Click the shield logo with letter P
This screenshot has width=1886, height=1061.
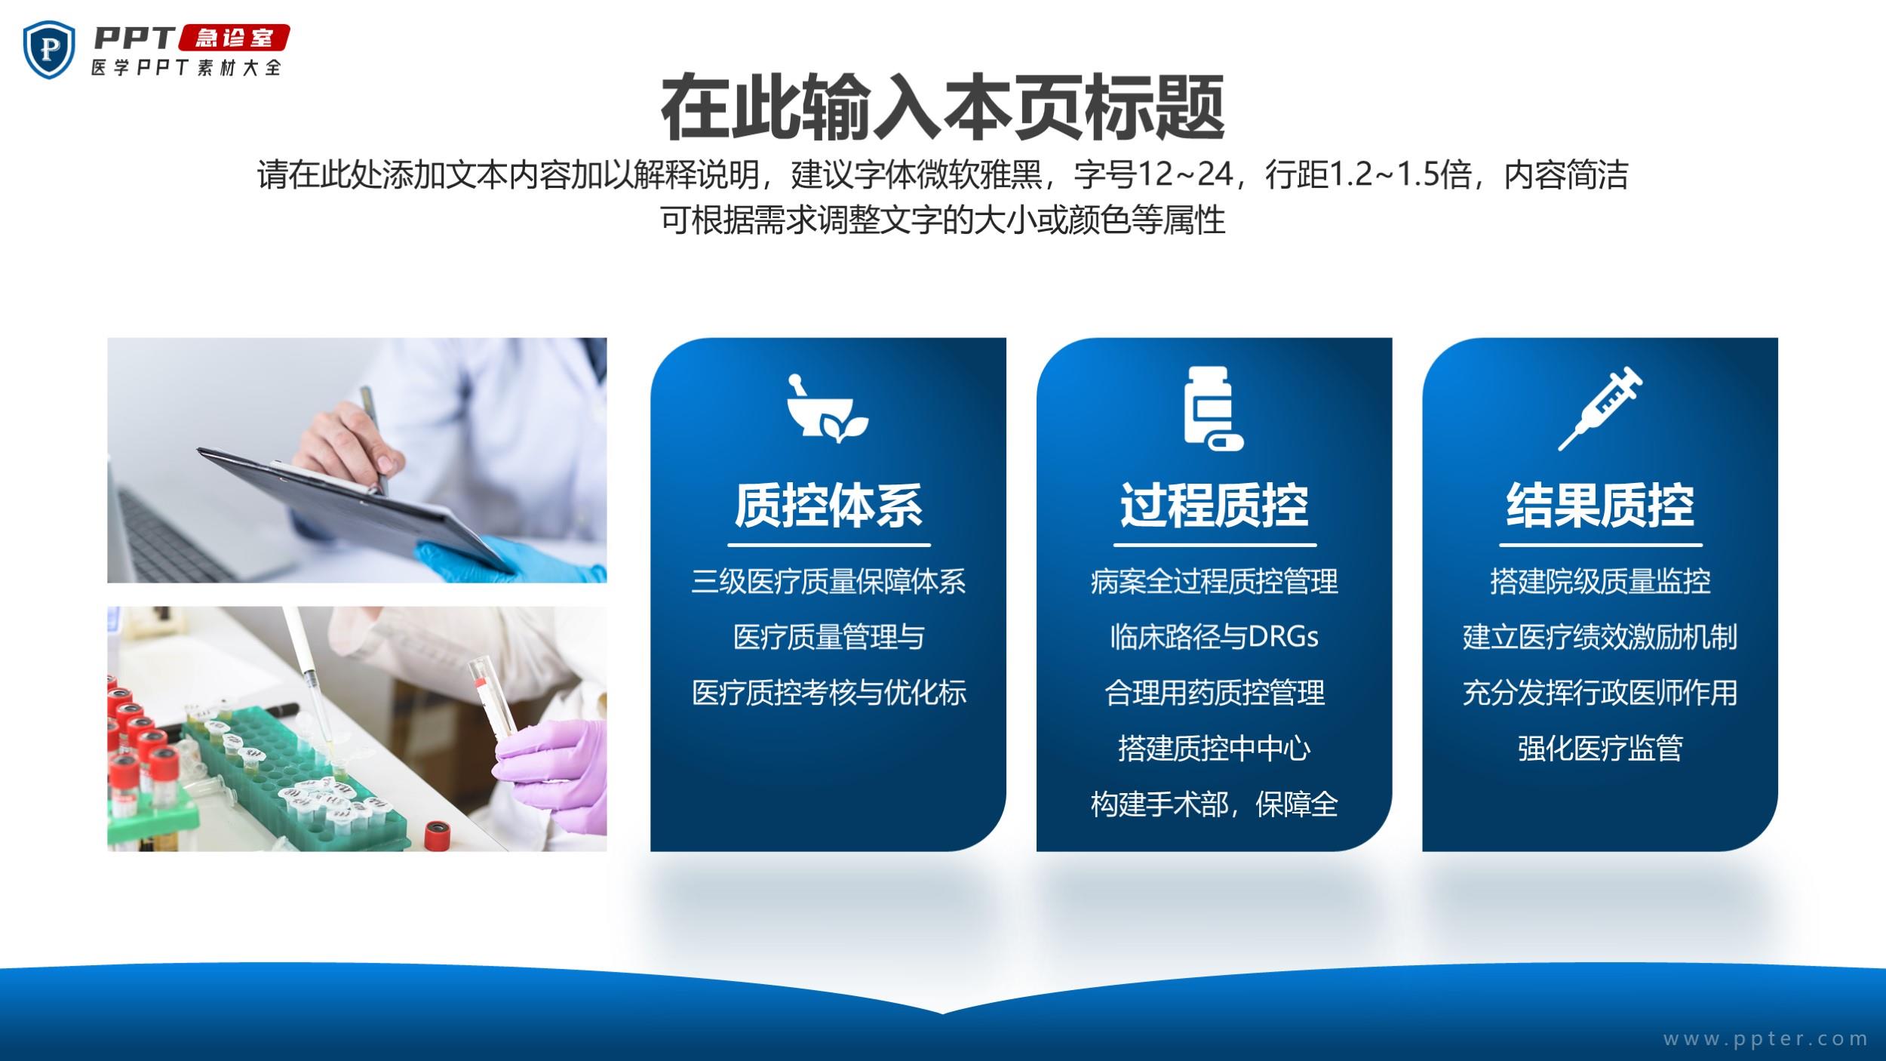tap(49, 49)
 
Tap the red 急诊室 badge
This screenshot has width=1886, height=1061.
tap(233, 38)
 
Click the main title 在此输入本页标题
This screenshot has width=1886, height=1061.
tap(942, 108)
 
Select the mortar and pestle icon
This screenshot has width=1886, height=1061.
tap(827, 407)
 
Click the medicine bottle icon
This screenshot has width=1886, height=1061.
tap(1213, 408)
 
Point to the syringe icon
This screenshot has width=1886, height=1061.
tap(1599, 408)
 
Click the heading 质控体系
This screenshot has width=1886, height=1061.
tap(828, 505)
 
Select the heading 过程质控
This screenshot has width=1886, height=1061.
tap(1215, 505)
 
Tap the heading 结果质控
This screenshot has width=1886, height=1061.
tap(1600, 505)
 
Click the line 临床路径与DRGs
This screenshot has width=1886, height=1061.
tap(1214, 637)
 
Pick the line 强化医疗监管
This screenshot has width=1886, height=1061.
tap(1600, 749)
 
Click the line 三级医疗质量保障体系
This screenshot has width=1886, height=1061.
tap(828, 581)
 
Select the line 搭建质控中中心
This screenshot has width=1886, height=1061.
tap(1214, 749)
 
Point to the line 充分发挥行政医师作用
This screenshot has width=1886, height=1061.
tap(1600, 693)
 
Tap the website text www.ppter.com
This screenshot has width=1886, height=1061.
tap(1765, 1039)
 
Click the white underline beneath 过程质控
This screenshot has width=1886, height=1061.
tap(1215, 545)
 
